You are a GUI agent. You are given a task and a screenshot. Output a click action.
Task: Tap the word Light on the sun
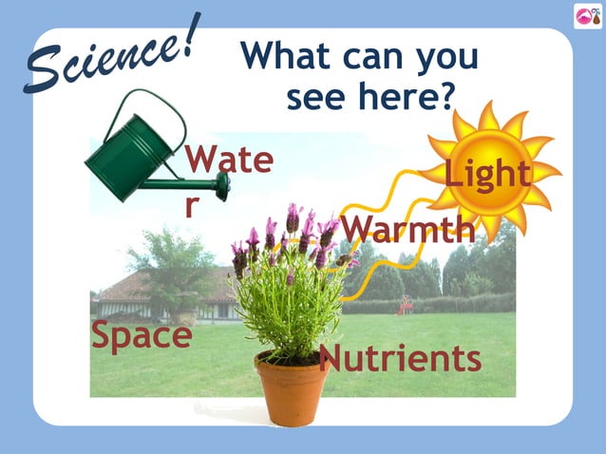[487, 174]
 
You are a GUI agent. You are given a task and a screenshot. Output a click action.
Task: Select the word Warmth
[407, 229]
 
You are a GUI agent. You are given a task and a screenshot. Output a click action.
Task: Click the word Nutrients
[400, 359]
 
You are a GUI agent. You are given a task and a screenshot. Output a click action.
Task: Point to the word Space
[142, 335]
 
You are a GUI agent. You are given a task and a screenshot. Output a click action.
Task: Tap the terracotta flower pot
[293, 388]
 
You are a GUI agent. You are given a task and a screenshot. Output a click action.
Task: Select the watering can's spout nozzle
[222, 186]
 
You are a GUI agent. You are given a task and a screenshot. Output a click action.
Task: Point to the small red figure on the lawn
[406, 305]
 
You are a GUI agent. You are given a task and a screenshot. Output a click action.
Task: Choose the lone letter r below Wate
[193, 204]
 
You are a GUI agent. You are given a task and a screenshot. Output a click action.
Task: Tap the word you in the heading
[445, 58]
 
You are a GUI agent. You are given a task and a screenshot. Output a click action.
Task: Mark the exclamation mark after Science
[191, 33]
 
